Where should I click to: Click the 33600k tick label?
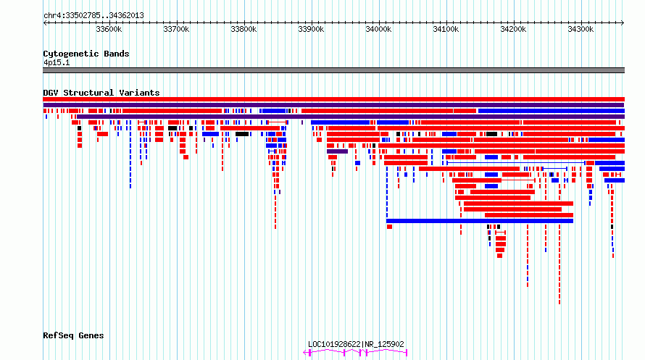click(109, 29)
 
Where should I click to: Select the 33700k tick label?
click(176, 29)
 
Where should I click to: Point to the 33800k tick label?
click(244, 29)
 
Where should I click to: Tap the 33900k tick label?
click(311, 29)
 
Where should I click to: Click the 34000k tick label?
click(378, 29)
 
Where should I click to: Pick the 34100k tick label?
click(446, 29)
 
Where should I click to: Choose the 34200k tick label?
click(513, 29)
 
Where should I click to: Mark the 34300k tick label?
click(580, 29)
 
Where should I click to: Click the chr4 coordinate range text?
click(93, 16)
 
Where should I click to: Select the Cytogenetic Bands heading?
click(86, 54)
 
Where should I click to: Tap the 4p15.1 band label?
click(57, 63)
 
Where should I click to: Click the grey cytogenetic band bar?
click(333, 70)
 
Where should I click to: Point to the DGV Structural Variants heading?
click(101, 93)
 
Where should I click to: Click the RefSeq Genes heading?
click(73, 336)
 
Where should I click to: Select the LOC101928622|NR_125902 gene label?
click(356, 344)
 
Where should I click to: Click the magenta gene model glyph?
click(355, 352)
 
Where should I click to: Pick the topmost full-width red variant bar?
click(333, 99)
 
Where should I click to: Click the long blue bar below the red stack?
click(480, 221)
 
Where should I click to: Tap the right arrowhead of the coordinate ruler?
click(623, 23)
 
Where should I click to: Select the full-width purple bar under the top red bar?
click(333, 105)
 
